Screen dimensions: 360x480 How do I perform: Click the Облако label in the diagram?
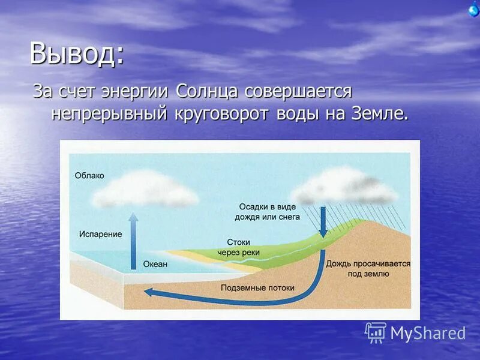pyautogui.click(x=89, y=176)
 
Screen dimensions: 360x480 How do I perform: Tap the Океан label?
pyautogui.click(x=155, y=264)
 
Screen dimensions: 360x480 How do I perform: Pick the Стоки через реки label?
pyautogui.click(x=238, y=247)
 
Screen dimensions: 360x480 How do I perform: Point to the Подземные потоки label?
pyautogui.click(x=257, y=288)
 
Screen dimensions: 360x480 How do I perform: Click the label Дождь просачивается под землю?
pyautogui.click(x=368, y=268)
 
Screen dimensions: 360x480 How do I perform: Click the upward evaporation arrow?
pyautogui.click(x=134, y=240)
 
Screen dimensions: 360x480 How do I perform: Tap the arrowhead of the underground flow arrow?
pyautogui.click(x=149, y=293)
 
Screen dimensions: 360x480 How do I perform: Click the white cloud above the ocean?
pyautogui.click(x=146, y=189)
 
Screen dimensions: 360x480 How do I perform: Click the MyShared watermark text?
pyautogui.click(x=428, y=333)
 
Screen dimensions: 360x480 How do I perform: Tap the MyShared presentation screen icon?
pyautogui.click(x=376, y=332)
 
